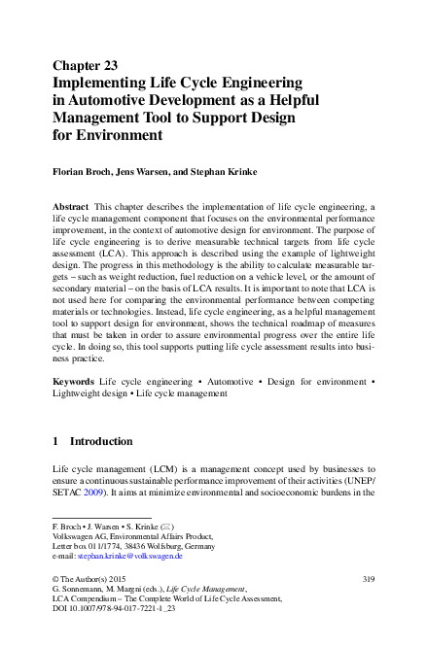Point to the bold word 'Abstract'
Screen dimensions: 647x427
(70, 208)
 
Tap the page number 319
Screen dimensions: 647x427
(368, 579)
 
